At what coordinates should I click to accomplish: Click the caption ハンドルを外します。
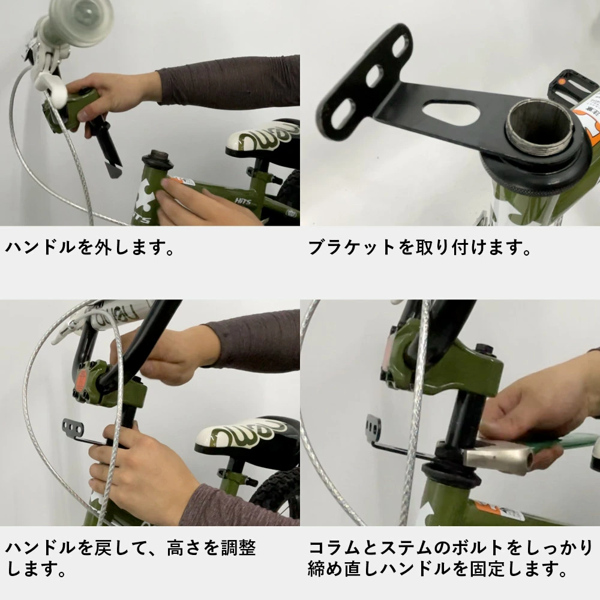tap(91, 248)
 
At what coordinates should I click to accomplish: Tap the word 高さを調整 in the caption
tap(211, 548)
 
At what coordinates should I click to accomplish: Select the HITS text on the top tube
tap(242, 201)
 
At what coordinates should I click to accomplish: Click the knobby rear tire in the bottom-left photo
tap(277, 494)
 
